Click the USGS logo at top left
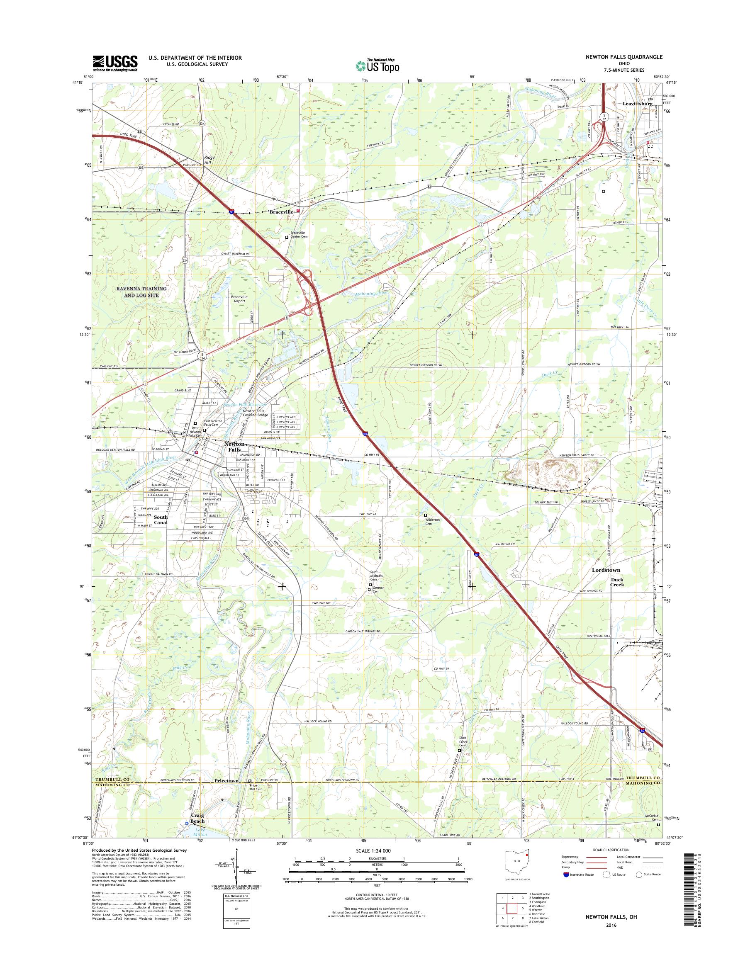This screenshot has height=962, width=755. coord(115,63)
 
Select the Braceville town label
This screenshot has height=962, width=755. coord(282,211)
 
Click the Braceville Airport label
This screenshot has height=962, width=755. coord(241,299)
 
